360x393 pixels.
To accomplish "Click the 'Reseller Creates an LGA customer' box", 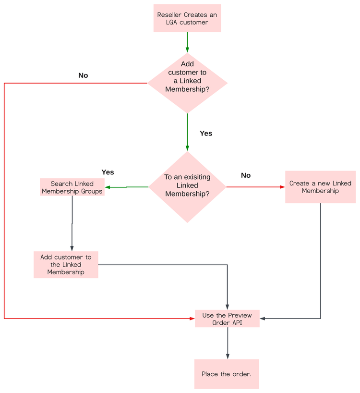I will tap(187, 19).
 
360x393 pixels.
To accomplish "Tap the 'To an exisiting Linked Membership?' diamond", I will tap(187, 187).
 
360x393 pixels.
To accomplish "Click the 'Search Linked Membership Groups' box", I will tap(72, 187).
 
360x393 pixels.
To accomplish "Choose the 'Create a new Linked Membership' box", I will tap(320, 187).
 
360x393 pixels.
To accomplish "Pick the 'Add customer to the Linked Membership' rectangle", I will tap(66, 265).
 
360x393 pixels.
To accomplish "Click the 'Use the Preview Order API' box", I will tap(227, 319).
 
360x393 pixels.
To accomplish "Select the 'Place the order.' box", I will tap(227, 374).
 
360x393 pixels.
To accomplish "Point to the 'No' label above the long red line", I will tap(83, 75).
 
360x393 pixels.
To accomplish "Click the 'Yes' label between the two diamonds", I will tap(206, 134).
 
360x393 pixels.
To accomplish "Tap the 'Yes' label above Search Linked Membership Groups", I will tap(108, 172).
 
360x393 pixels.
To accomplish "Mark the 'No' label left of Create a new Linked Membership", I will tap(246, 175).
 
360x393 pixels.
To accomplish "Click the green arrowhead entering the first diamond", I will tap(187, 49).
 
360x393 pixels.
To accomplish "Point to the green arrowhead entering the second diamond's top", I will tap(187, 148).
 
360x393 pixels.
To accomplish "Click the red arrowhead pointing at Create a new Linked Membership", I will tap(282, 187).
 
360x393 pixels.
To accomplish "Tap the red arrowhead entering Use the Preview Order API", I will tap(192, 318).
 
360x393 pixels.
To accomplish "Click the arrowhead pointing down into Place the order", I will tap(227, 356).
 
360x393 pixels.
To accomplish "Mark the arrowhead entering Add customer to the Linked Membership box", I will tap(72, 248).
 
